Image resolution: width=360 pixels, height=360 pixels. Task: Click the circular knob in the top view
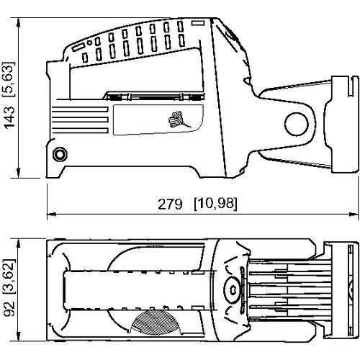pyautogui.click(x=233, y=289)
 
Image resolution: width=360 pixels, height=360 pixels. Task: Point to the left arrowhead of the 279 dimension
pyautogui.click(x=50, y=214)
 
